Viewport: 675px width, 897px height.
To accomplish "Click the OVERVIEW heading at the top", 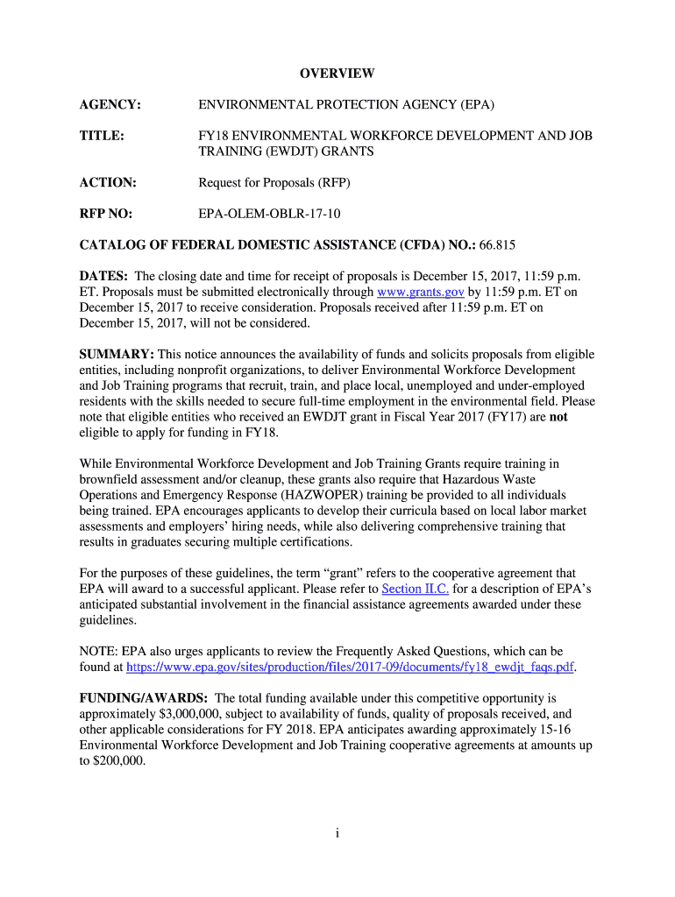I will pos(337,74).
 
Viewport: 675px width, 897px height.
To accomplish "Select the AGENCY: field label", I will pos(110,105).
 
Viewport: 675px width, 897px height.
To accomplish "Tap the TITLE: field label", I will pos(102,136).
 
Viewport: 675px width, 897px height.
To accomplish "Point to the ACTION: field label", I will pos(108,182).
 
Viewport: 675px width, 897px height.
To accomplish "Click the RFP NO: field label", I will pos(108,213).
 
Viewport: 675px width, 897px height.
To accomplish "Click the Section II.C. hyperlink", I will pos(416,589).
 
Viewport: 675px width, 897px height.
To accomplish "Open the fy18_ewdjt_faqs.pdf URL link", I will pos(352,667).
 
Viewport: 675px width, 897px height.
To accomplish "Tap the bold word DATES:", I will pos(104,276).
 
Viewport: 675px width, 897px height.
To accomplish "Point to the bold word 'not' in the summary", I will pos(558,417).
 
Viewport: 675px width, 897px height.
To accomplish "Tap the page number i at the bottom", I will pos(337,833).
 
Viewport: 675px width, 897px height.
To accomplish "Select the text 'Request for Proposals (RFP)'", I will pos(274,182).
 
